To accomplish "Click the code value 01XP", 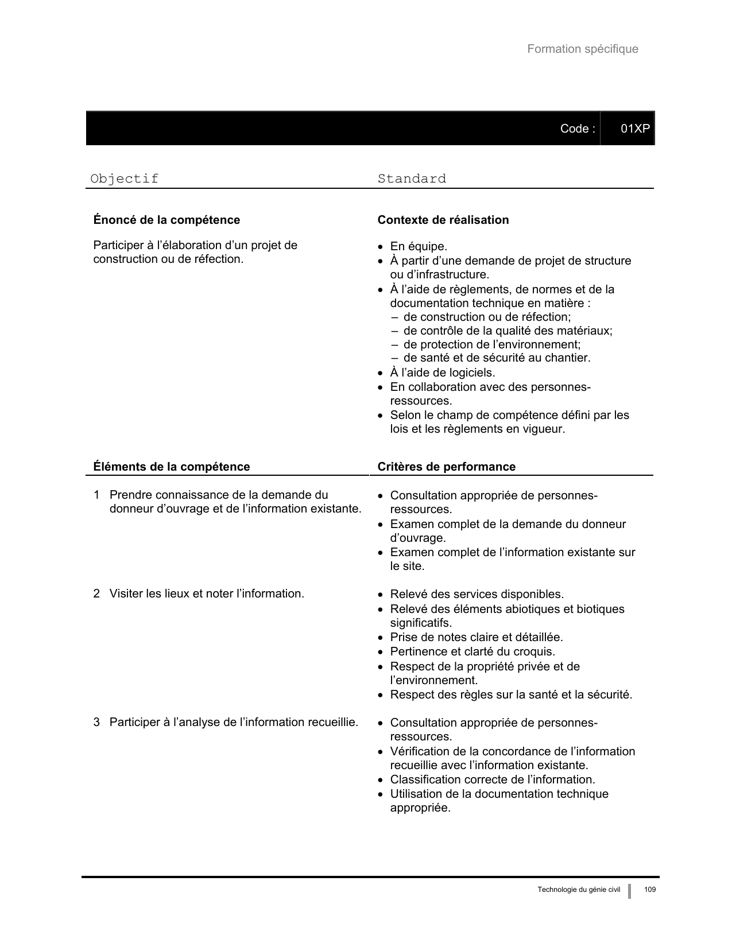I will pyautogui.click(x=634, y=129).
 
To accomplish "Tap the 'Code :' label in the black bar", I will pyautogui.click(x=577, y=129).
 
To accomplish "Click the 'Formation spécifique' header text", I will pyautogui.click(x=582, y=49).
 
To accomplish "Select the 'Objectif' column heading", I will pyautogui.click(x=125, y=178).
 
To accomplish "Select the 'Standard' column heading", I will pyautogui.click(x=412, y=178).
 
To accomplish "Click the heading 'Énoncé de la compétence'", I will pyautogui.click(x=166, y=220).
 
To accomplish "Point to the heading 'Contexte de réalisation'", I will pyautogui.click(x=443, y=220).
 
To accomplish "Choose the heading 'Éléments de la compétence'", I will pyautogui.click(x=172, y=467).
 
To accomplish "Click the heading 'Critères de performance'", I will pyautogui.click(x=446, y=467).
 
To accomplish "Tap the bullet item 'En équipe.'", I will pyautogui.click(x=418, y=247).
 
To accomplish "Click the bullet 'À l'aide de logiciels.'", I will pyautogui.click(x=442, y=372).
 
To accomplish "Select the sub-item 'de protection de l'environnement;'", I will pyautogui.click(x=492, y=344).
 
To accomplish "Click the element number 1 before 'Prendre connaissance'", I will pyautogui.click(x=97, y=495).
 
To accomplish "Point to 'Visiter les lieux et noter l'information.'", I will pyautogui.click(x=207, y=593).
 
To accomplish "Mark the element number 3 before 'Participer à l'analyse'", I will pyautogui.click(x=97, y=722).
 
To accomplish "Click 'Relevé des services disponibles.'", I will pyautogui.click(x=477, y=594).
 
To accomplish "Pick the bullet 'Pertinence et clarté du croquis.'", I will pyautogui.click(x=472, y=651).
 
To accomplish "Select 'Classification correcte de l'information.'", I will pyautogui.click(x=492, y=779).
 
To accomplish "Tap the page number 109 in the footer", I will pyautogui.click(x=649, y=890).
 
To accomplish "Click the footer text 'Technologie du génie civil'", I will pyautogui.click(x=579, y=890).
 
